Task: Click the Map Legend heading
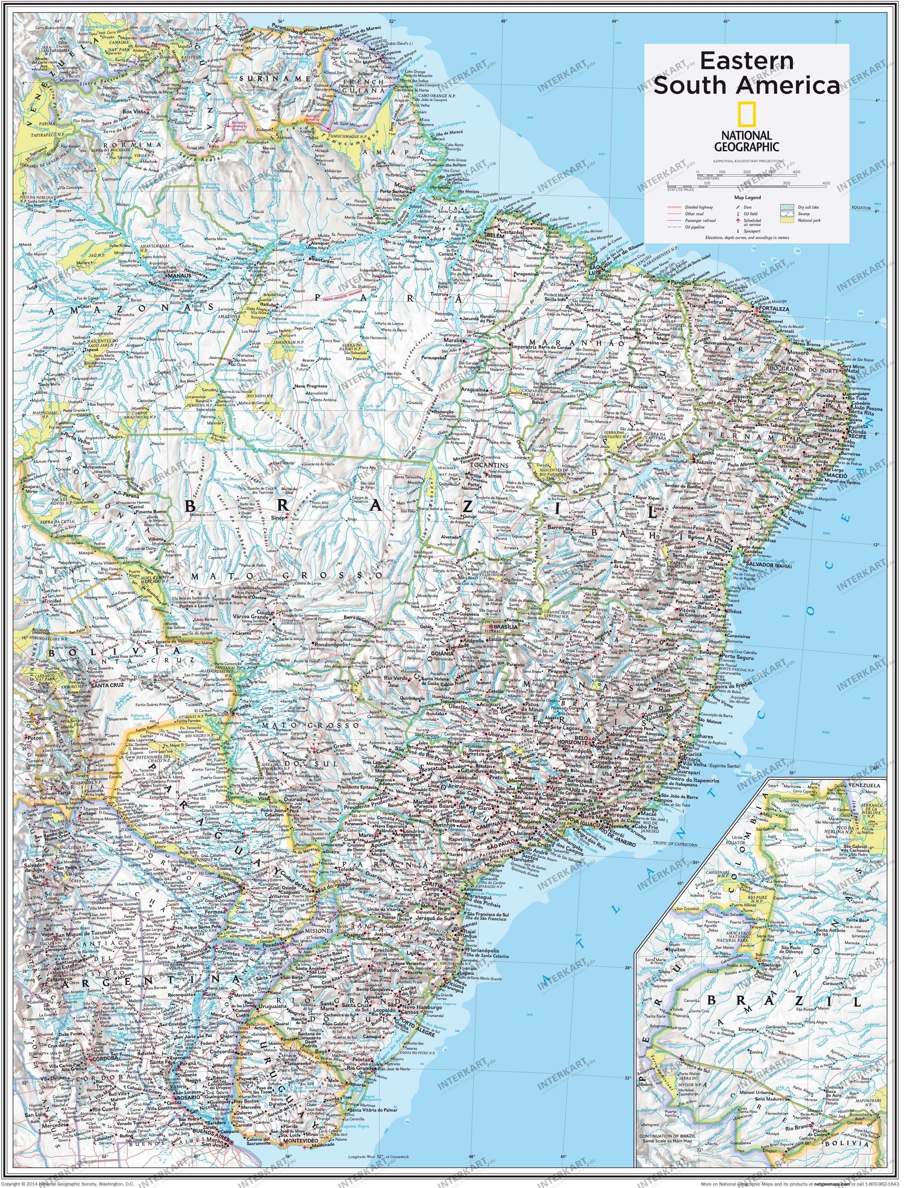[x=747, y=198]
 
